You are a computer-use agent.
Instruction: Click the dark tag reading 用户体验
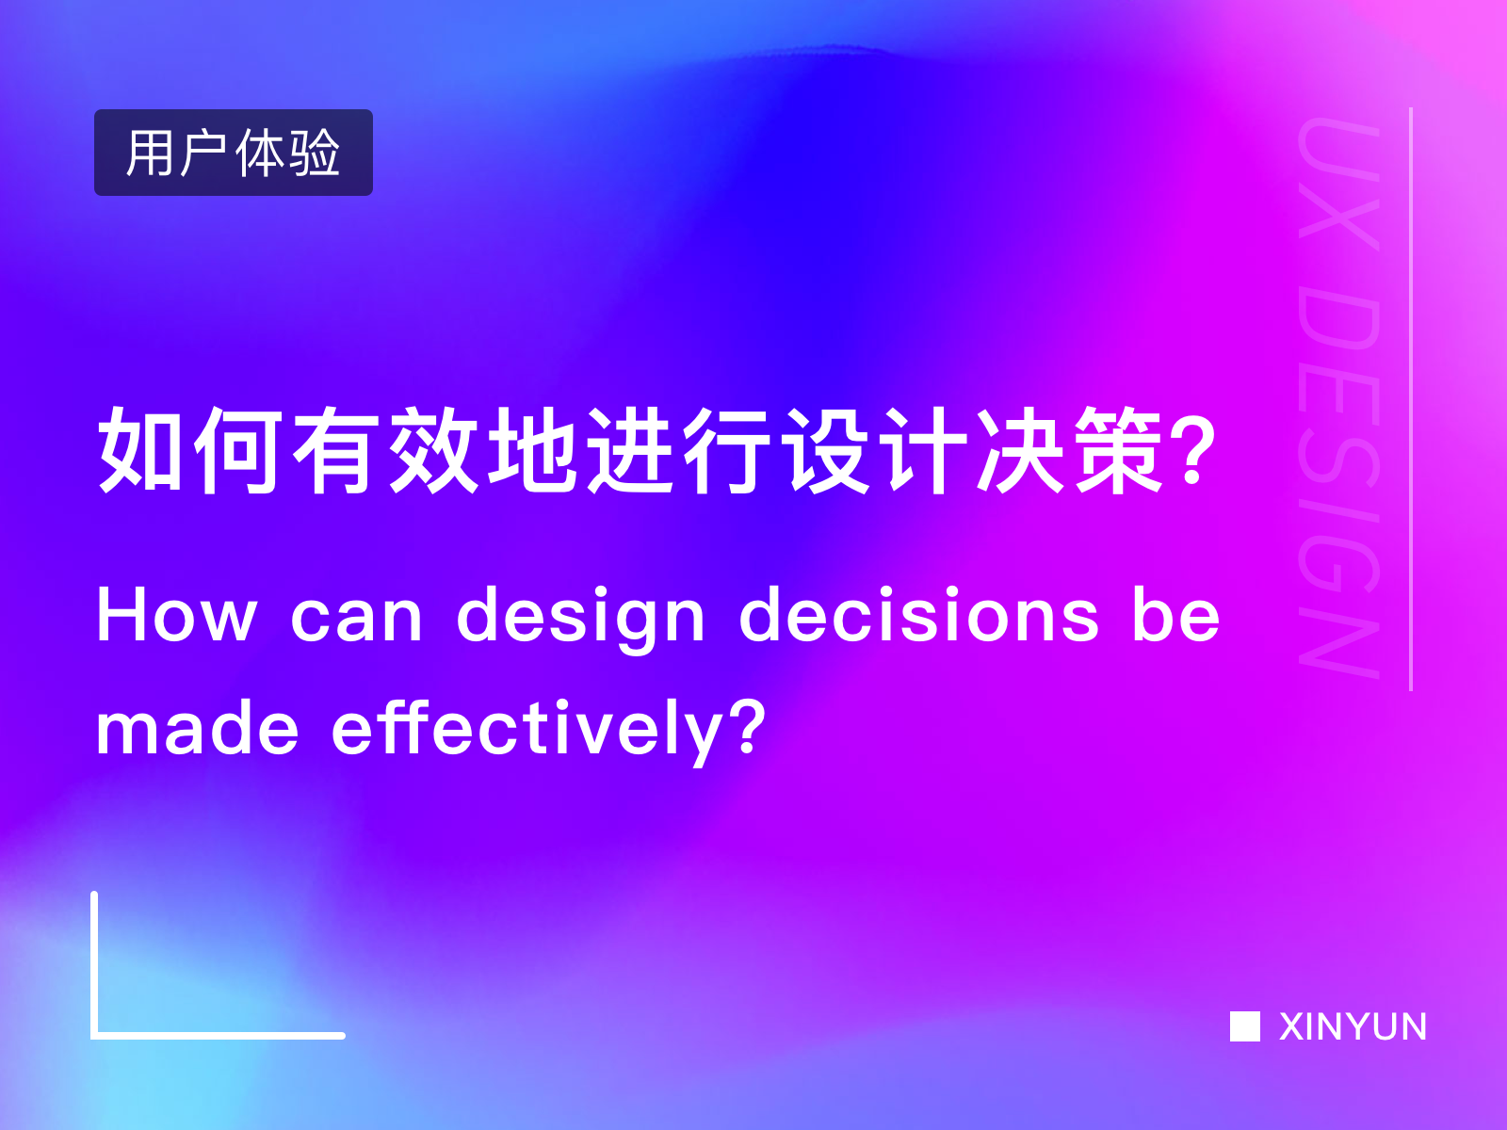pos(233,153)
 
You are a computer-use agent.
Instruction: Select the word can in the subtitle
pos(356,618)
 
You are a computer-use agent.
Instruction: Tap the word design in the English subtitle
pos(580,618)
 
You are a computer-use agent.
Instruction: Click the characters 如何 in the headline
pos(188,450)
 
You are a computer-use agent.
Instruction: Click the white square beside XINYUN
pos(1244,1026)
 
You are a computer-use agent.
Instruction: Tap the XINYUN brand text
pos(1353,1026)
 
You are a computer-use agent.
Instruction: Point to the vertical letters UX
pos(1339,184)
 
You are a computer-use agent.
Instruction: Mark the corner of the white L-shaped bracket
pos(95,1035)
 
